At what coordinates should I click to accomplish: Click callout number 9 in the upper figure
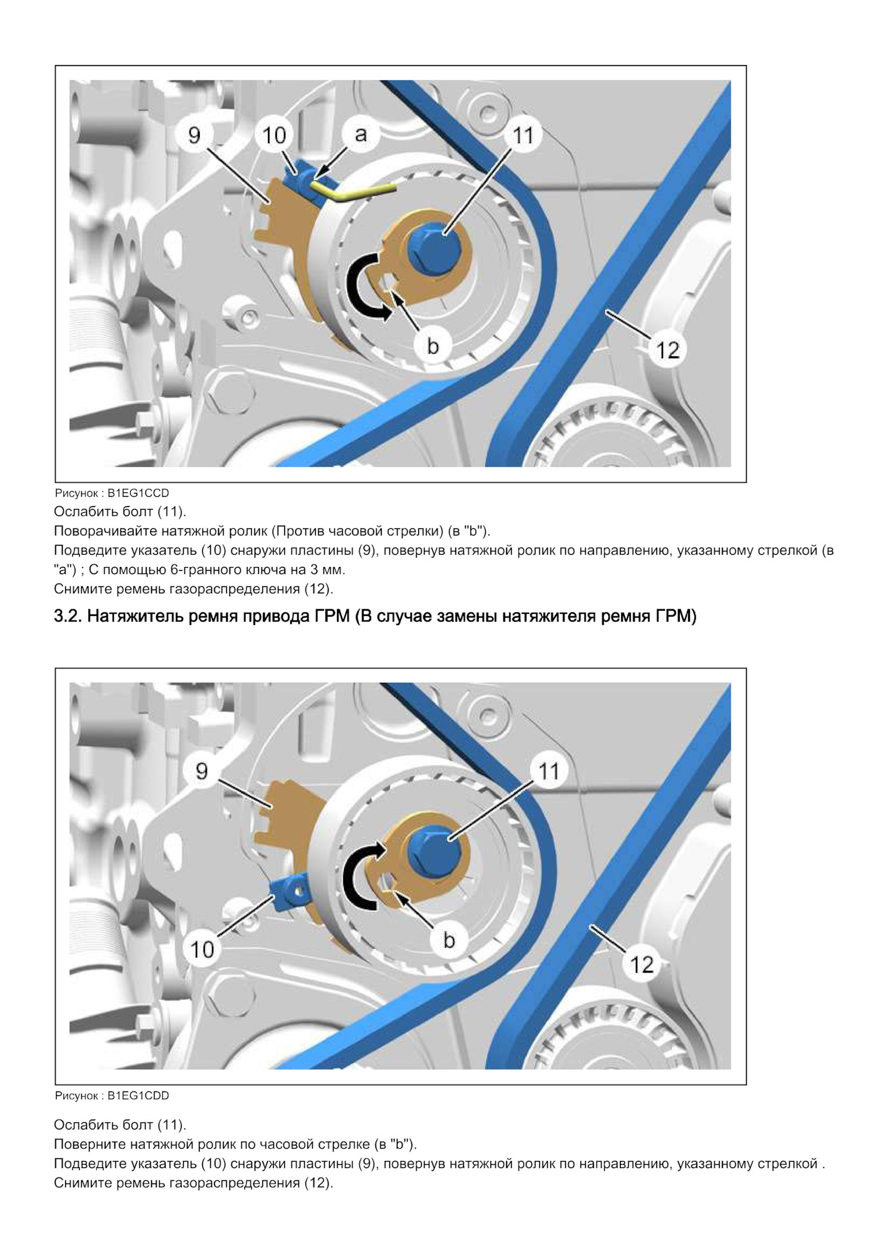click(195, 135)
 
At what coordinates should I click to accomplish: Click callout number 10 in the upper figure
click(274, 135)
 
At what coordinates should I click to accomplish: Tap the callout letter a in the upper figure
click(361, 133)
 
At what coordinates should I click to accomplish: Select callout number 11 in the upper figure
click(523, 135)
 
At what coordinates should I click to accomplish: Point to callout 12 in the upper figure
click(668, 350)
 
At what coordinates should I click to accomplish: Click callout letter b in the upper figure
click(433, 346)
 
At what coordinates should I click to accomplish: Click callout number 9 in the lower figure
click(202, 771)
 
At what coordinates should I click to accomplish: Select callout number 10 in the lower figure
click(202, 948)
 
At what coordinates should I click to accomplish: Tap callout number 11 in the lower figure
click(548, 771)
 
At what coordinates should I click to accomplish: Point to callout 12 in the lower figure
click(642, 964)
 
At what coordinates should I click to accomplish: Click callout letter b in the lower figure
click(449, 940)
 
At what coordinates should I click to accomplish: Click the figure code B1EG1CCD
click(138, 493)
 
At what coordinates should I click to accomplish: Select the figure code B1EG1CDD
click(138, 1095)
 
